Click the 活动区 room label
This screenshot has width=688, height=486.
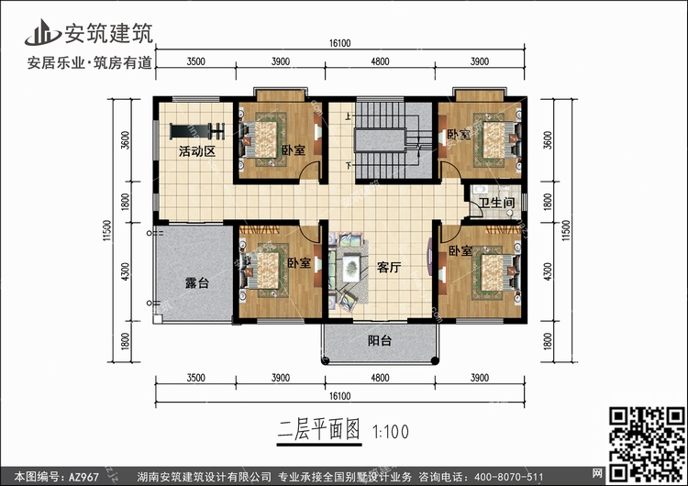point(196,151)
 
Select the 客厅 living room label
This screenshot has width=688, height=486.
point(390,269)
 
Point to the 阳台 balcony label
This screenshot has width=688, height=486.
point(380,341)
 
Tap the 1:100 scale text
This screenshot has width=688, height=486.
point(393,428)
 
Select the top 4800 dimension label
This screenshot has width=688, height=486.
point(380,61)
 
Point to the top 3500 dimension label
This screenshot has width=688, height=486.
point(194,61)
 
